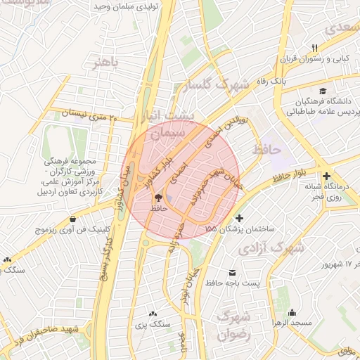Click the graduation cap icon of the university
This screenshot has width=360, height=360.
coord(323,91)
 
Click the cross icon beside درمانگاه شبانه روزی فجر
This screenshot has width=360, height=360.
coord(326,175)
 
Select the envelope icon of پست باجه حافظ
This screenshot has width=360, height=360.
coord(233,272)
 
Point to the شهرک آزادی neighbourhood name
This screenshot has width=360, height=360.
coord(271,248)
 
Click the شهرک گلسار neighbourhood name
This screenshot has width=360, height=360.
coord(217,86)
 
